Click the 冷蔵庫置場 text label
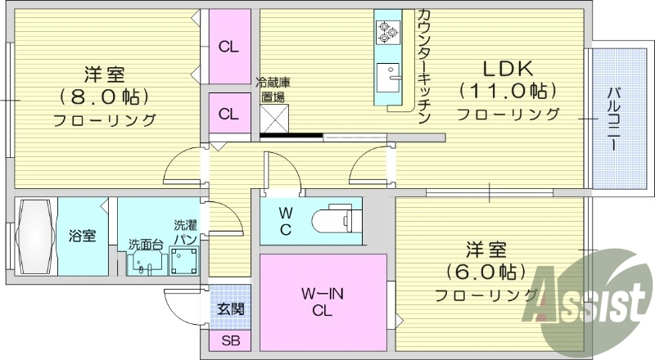[273, 89]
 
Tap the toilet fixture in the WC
[341, 218]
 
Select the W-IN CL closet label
[322, 302]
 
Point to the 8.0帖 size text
[104, 97]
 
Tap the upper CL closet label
[228, 47]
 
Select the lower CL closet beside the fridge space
[228, 114]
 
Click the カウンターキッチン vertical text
[423, 65]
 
